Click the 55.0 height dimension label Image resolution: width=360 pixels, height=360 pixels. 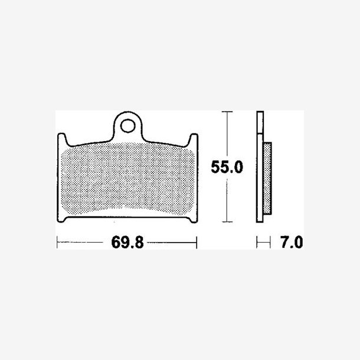[x=227, y=167]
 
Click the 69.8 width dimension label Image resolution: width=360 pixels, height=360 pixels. [x=127, y=243]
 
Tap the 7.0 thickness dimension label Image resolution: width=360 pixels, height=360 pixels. [x=292, y=242]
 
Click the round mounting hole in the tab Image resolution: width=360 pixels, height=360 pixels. [x=127, y=126]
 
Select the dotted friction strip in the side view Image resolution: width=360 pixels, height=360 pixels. [x=267, y=178]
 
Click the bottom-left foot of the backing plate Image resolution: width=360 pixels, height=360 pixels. [x=61, y=220]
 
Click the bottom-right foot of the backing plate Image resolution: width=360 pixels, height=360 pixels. [x=193, y=220]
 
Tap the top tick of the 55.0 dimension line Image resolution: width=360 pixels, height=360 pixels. [x=227, y=112]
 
